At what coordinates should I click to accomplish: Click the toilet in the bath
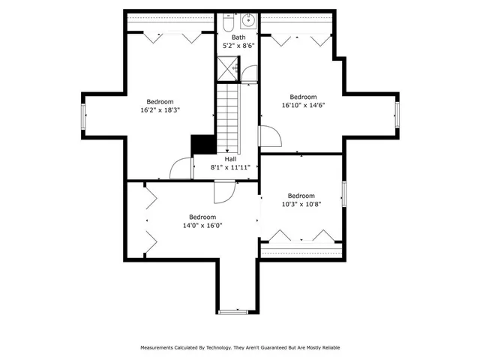(x=227, y=23)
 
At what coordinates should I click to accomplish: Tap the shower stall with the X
(x=227, y=69)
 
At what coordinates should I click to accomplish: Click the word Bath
(x=238, y=37)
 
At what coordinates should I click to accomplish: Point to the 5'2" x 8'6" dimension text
(x=238, y=46)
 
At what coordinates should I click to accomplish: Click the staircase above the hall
(x=228, y=116)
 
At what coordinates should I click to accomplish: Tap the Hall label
(x=231, y=159)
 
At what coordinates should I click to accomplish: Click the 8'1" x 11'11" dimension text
(x=235, y=167)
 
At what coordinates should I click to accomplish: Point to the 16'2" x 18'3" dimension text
(x=160, y=110)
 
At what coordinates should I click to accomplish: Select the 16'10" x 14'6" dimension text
(x=303, y=105)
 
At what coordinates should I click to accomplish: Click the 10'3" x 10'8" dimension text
(x=301, y=204)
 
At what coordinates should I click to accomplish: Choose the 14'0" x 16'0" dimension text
(x=202, y=225)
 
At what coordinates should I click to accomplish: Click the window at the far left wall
(x=84, y=116)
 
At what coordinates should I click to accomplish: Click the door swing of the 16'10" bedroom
(x=269, y=137)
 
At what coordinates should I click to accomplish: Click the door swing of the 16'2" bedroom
(x=181, y=169)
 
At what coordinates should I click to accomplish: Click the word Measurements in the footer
(x=160, y=347)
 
